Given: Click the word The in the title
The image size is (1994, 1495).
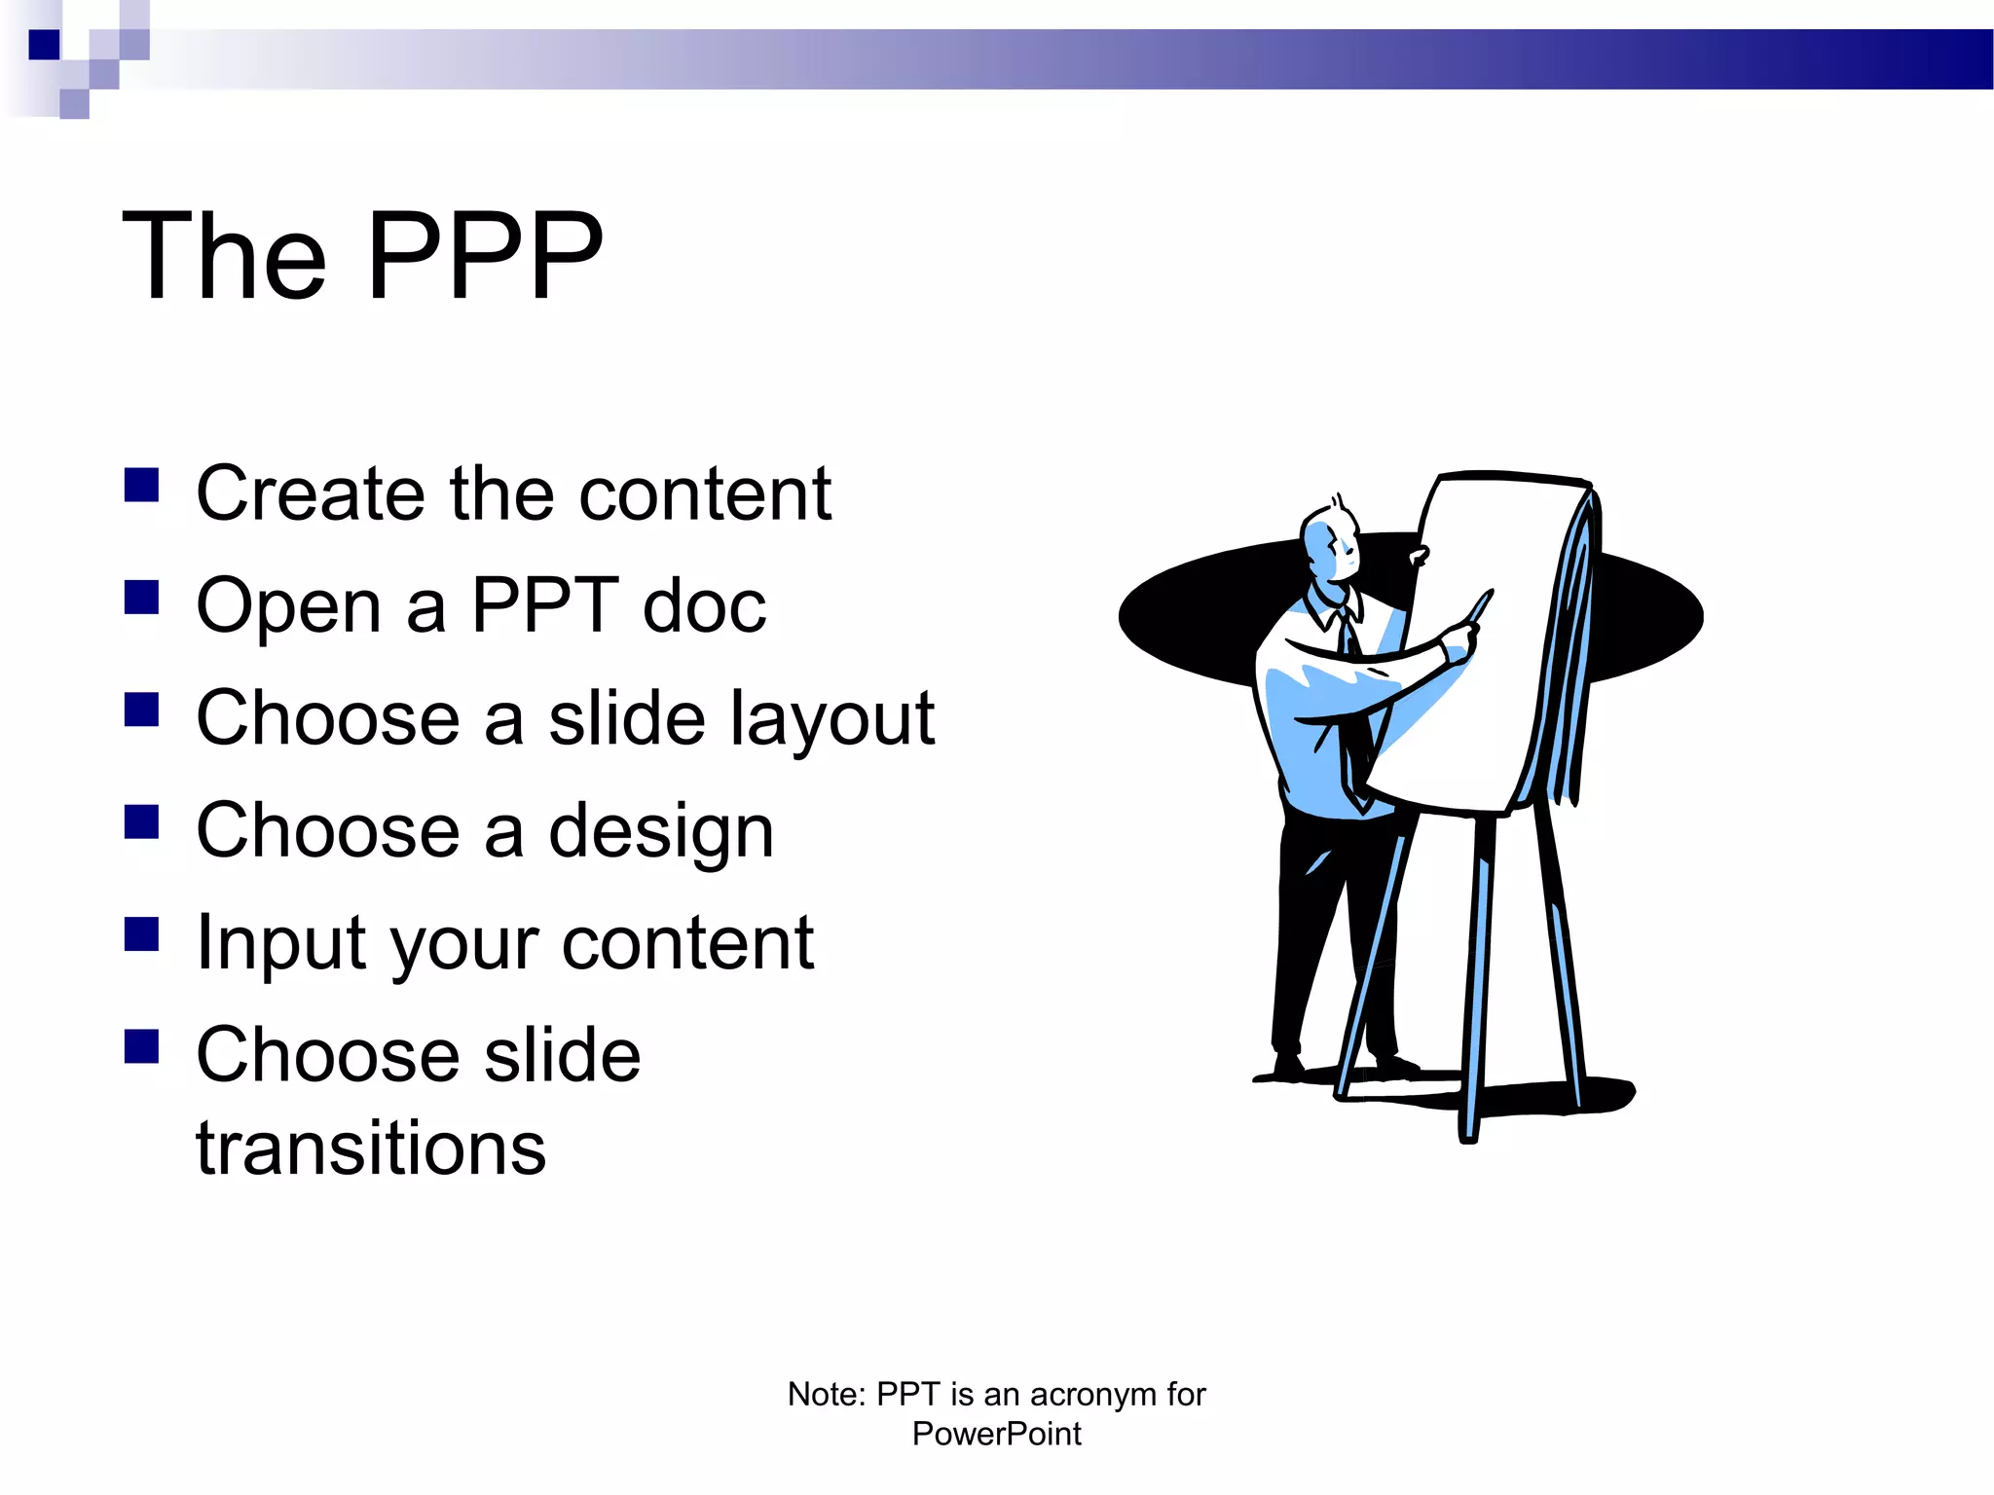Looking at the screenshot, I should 224,256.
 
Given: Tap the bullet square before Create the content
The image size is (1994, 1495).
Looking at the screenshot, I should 142,485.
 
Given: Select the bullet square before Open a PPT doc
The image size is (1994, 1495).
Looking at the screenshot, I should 142,598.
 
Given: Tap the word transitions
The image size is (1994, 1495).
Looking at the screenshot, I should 371,1149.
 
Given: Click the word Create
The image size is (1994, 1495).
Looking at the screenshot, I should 311,493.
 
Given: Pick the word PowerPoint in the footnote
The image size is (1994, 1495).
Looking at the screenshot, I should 996,1434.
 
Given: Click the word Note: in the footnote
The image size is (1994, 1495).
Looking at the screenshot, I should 827,1394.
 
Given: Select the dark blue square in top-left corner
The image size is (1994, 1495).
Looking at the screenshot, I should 44,45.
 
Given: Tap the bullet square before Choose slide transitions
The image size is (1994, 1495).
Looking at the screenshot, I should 142,1046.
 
